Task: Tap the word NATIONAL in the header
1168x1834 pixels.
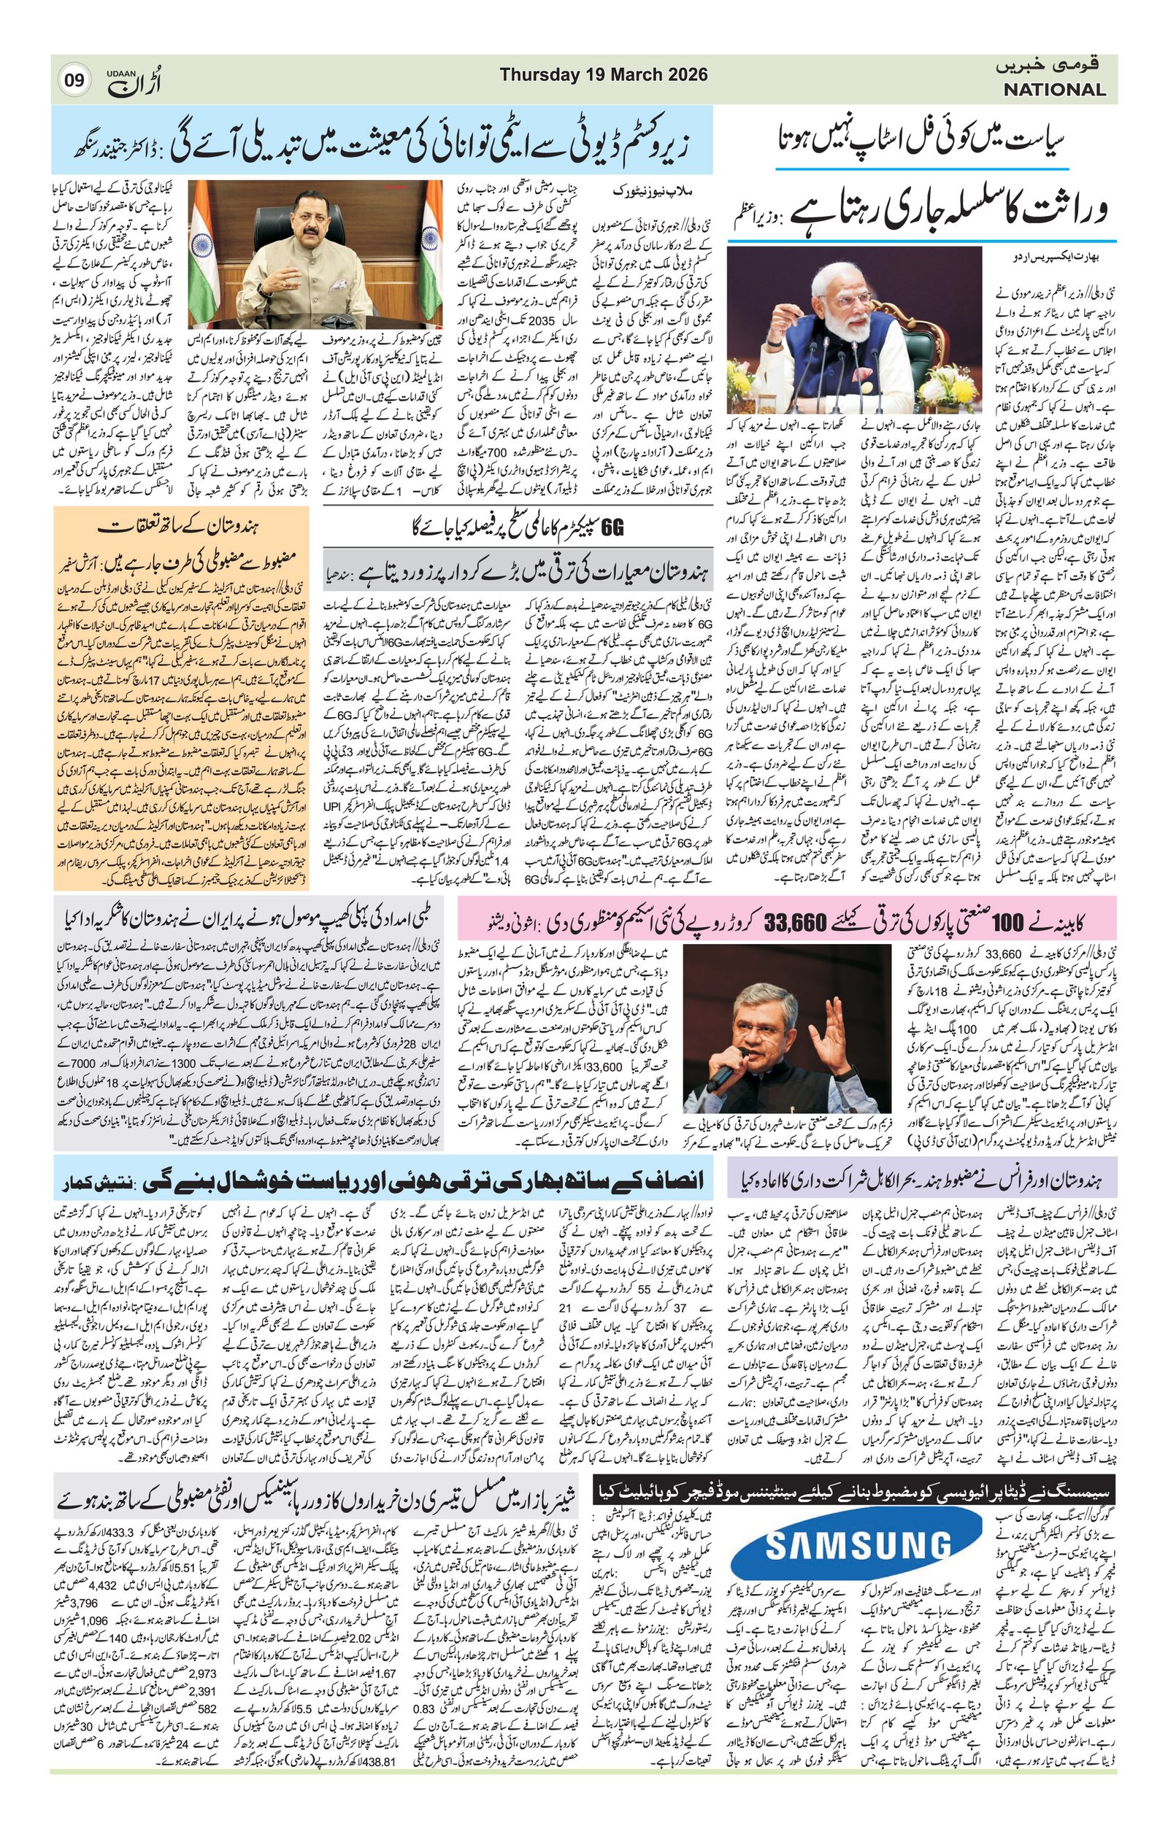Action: click(x=1053, y=90)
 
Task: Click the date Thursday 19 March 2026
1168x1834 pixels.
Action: click(x=604, y=75)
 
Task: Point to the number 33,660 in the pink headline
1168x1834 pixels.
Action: click(x=797, y=924)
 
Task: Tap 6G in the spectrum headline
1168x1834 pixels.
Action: click(x=612, y=527)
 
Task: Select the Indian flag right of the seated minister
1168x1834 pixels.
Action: click(x=429, y=244)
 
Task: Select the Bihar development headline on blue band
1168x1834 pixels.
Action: click(x=384, y=1183)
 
